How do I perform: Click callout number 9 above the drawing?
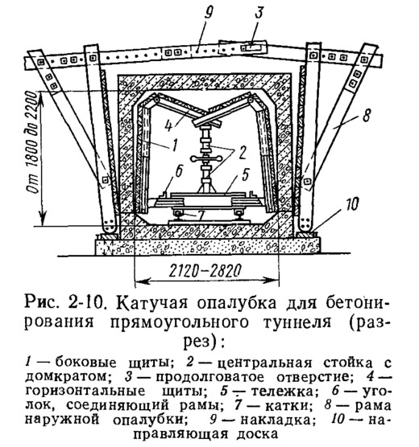click(x=208, y=13)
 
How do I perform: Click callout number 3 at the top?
click(x=259, y=12)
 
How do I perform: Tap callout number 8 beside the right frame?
click(x=366, y=116)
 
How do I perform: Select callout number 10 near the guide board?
click(x=351, y=204)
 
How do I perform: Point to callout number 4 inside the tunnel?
click(x=169, y=125)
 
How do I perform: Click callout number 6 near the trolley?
click(x=178, y=170)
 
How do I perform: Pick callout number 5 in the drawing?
click(x=246, y=174)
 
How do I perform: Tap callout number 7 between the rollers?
click(x=201, y=215)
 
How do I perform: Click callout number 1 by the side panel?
click(x=175, y=144)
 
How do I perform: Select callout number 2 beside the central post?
click(x=243, y=153)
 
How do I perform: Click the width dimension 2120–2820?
click(x=205, y=271)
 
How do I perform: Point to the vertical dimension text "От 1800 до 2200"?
click(x=32, y=142)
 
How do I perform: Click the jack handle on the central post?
click(x=206, y=158)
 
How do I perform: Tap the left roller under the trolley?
click(x=178, y=213)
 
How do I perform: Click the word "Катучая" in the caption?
click(x=152, y=303)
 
